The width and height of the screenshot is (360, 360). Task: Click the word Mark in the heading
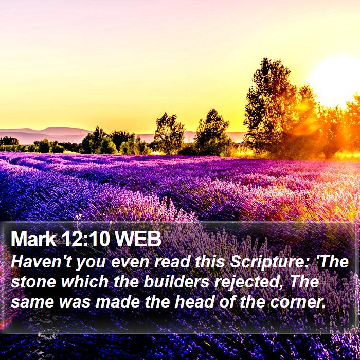click(x=33, y=239)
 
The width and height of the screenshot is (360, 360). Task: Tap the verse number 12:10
click(x=85, y=239)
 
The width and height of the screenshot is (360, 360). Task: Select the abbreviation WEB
click(x=138, y=239)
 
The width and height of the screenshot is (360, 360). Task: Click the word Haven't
click(x=41, y=262)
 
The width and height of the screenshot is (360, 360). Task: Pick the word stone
click(x=33, y=282)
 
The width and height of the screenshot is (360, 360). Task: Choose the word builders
click(x=176, y=281)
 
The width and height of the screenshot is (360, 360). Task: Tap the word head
click(x=194, y=301)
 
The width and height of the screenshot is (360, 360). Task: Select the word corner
click(x=298, y=302)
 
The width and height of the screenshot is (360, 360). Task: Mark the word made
click(x=118, y=301)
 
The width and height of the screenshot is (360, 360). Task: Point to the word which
click(x=85, y=281)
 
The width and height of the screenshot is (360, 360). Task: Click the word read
click(x=173, y=262)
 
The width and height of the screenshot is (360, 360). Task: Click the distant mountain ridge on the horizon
click(x=46, y=134)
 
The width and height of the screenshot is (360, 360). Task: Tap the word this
click(x=210, y=262)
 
